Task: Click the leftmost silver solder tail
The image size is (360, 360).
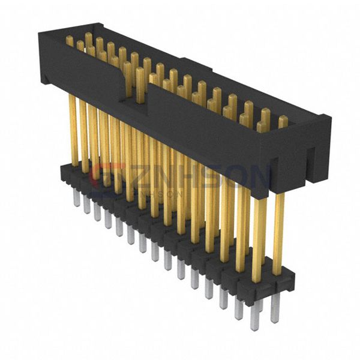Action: click(77, 200)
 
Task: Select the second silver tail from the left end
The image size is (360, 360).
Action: click(87, 206)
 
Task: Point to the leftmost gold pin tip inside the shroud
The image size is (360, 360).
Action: click(70, 40)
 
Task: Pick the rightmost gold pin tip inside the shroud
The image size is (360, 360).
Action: click(283, 121)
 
